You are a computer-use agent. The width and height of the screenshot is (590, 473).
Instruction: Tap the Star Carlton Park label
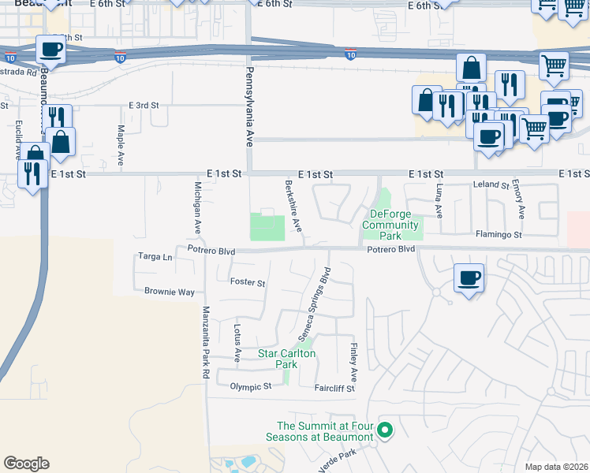pos(287,359)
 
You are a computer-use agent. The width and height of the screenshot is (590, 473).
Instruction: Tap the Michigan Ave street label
pos(198,208)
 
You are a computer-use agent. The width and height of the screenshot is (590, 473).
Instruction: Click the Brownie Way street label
pos(169,292)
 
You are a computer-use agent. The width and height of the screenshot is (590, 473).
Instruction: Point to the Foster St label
pos(247,281)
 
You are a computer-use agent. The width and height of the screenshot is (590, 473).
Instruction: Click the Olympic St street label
pos(250,386)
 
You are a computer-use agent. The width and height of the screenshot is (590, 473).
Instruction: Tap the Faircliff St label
pos(334,388)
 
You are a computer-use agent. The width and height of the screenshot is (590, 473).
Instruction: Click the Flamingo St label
pos(499,234)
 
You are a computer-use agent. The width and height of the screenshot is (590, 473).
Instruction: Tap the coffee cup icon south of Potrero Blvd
pos(469,278)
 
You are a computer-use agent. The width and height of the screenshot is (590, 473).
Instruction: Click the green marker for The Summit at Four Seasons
pos(385,430)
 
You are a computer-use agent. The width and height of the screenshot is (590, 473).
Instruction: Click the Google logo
pos(26,464)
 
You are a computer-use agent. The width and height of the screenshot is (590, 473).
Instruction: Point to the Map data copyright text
pos(556,467)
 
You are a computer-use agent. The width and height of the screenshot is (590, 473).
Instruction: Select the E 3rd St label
pos(144,105)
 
